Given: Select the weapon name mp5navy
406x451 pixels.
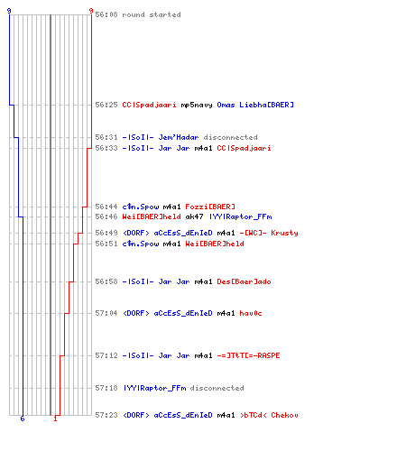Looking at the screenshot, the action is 197,105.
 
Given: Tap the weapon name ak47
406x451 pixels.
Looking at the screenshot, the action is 194,216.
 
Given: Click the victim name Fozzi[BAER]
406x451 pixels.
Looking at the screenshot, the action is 210,207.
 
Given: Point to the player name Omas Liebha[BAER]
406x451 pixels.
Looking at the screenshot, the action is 255,105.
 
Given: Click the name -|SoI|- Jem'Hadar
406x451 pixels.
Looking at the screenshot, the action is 161,137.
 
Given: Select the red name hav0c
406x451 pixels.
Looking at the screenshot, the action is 251,313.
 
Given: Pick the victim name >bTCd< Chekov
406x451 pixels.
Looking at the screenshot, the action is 269,415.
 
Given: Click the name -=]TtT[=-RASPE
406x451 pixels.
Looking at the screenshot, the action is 248,355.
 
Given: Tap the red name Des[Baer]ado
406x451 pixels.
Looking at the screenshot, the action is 244,281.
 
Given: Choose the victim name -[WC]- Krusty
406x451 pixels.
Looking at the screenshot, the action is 269,233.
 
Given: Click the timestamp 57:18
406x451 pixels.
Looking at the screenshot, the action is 106,388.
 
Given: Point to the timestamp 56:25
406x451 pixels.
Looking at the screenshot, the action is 106,105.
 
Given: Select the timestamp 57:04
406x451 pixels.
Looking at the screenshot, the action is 106,313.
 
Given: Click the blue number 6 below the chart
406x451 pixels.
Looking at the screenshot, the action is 23,419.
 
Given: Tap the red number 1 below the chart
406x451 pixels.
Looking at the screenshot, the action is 55,419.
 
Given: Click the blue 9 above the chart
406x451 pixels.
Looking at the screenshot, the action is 9,11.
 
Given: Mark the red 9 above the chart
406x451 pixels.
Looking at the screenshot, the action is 91,11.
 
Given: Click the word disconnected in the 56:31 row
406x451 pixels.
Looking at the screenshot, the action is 230,137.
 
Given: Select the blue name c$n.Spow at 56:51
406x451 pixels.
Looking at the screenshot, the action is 141,244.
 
